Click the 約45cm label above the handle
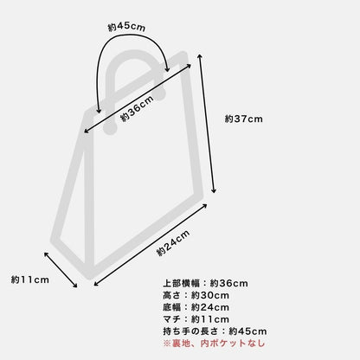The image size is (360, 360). coord(126,27)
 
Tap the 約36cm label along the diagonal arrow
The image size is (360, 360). coord(137,109)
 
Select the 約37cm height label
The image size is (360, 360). coord(244,119)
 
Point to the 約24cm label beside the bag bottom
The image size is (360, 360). coord(173,243)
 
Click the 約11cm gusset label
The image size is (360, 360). coord(30,280)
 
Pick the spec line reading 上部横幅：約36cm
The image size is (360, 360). coord(205,283)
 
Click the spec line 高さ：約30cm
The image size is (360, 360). coord(196,295)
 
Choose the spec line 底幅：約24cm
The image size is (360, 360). coord(196,307)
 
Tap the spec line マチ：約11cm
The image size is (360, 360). coord(196,319)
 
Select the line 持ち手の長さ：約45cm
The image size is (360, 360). coord(215,331)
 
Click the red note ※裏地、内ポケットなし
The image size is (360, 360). coord(214,344)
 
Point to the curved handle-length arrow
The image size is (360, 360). coord(131,36)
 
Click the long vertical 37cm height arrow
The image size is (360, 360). coord(206,124)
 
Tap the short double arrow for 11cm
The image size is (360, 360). coord(61,270)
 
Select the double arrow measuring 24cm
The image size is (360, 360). coord(151,245)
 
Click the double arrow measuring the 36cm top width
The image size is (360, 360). coord(138,99)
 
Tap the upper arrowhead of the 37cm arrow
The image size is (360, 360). coord(199,55)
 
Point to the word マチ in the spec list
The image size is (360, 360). coord(172,319)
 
